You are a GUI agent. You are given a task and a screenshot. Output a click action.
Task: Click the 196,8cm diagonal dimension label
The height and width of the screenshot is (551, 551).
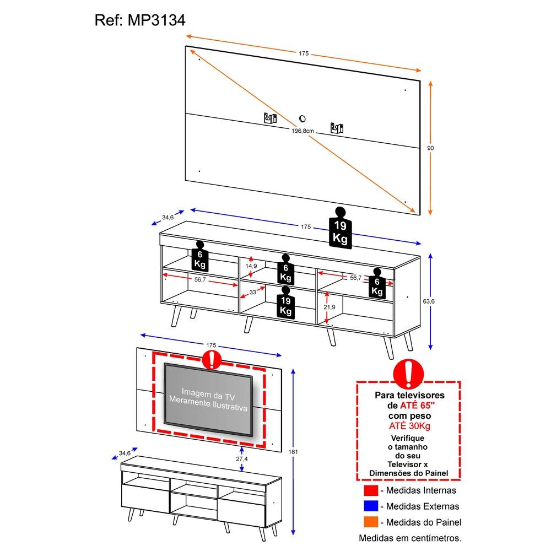[x=302, y=131]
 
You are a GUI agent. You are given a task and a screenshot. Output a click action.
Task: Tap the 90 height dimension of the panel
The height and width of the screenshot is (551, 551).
[x=431, y=148]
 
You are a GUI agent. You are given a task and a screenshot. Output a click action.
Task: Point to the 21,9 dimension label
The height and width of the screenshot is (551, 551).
[x=329, y=307]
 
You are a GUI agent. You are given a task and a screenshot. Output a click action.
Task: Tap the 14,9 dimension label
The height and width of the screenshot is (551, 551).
[x=251, y=266]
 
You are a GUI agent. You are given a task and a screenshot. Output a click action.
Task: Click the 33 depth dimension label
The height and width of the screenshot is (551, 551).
[x=252, y=293]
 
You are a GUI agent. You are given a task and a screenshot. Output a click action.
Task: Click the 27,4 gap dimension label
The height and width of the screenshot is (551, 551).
[x=241, y=458]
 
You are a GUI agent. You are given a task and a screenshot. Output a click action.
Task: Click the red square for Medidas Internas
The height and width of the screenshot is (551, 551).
[x=371, y=490]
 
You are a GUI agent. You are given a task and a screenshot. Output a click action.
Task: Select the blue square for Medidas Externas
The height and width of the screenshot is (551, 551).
[x=371, y=506]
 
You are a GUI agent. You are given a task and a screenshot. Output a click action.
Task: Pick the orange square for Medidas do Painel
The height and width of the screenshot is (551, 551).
[x=371, y=522]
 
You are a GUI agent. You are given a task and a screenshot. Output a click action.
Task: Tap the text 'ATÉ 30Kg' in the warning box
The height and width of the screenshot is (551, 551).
[x=409, y=425]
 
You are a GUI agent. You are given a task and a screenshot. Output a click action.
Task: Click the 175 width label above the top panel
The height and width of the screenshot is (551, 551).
[x=304, y=53]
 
